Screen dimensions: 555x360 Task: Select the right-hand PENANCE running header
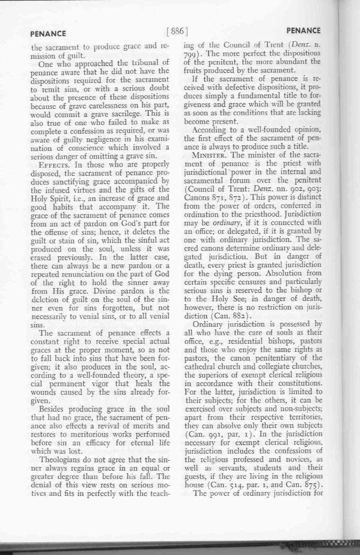tap(304, 30)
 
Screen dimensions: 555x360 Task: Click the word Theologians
tap(63, 460)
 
